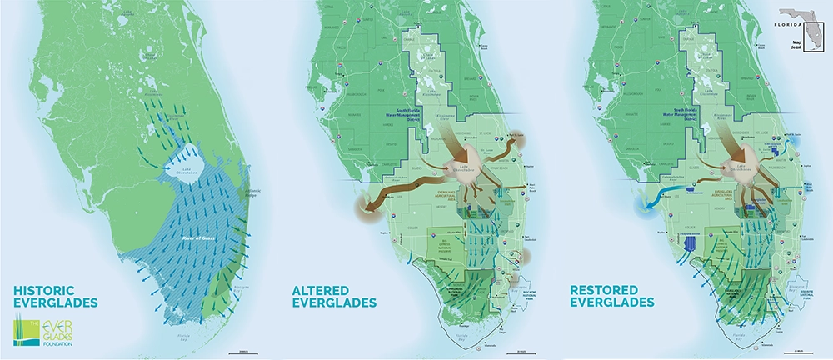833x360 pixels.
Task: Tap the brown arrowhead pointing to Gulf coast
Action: pos(364,208)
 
